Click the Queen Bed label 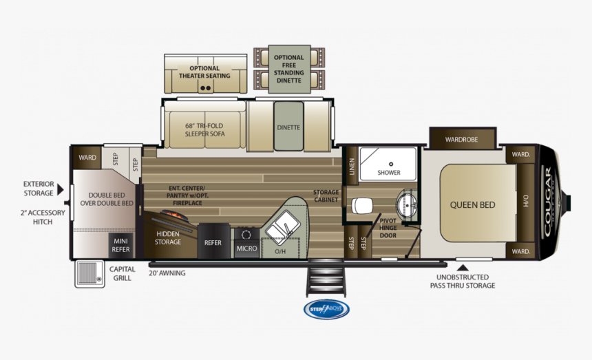(472, 204)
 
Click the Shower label (388, 172)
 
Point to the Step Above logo (326, 308)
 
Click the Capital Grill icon (87, 273)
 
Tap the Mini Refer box (120, 246)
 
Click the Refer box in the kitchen (212, 242)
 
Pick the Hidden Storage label (168, 238)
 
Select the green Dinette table (288, 127)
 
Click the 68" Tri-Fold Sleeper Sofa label (204, 130)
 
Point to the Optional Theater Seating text (204, 72)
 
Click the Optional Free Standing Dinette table (288, 68)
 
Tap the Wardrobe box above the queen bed (461, 139)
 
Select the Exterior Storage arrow (61, 189)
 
